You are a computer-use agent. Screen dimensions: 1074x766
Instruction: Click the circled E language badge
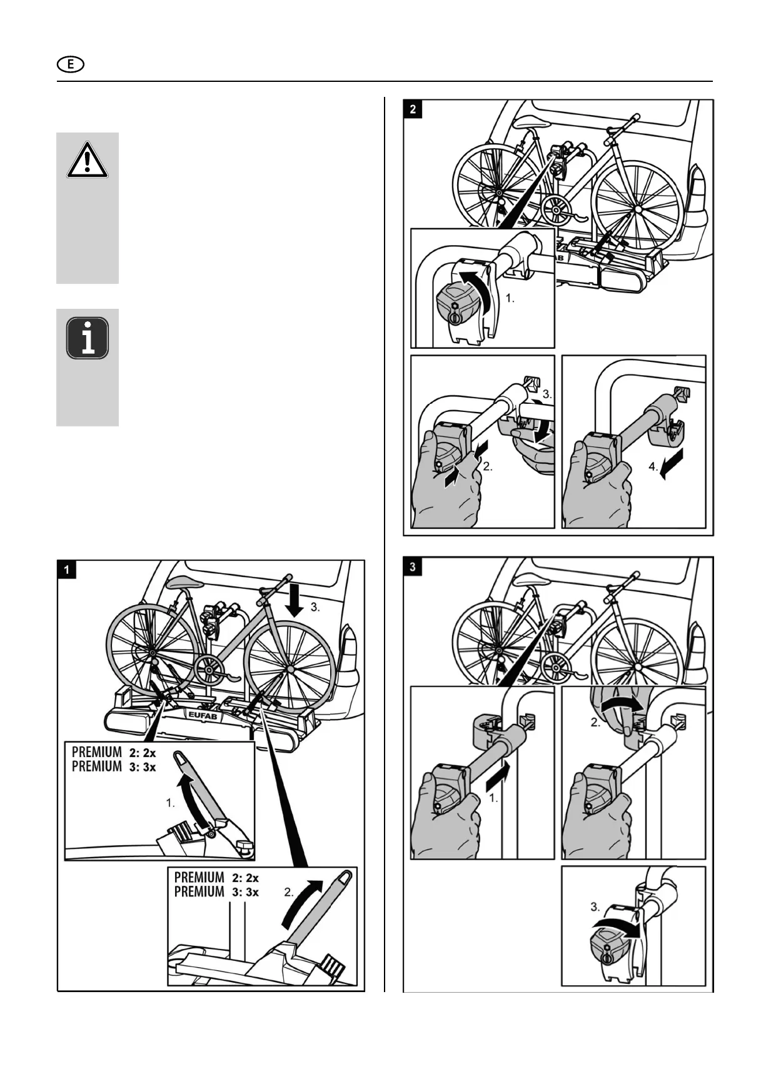click(71, 64)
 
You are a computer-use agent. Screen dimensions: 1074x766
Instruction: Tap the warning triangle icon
click(88, 159)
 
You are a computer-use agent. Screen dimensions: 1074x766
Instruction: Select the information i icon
click(88, 338)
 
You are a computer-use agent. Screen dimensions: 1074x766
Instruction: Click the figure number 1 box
click(67, 570)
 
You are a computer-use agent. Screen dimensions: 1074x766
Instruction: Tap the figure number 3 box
click(413, 567)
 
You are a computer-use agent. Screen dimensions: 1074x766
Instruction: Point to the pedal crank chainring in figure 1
click(211, 670)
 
